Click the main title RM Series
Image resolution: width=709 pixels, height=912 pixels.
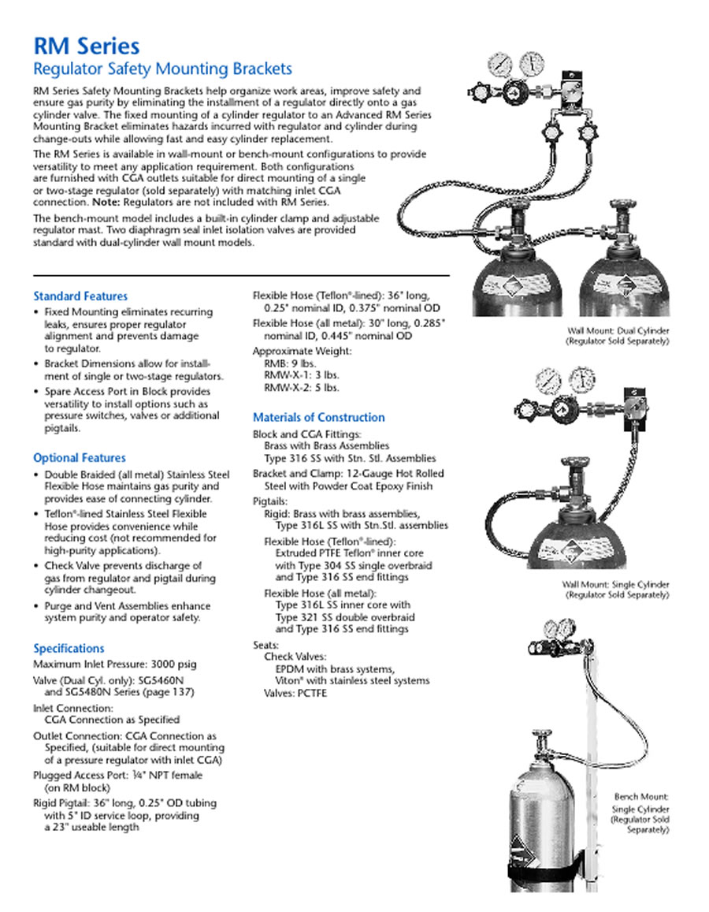pos(86,47)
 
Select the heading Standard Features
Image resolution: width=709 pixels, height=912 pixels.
pos(80,296)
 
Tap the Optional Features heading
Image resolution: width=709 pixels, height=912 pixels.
pos(80,458)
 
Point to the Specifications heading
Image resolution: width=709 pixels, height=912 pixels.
pos(69,649)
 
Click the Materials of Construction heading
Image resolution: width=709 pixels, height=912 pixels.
pos(319,418)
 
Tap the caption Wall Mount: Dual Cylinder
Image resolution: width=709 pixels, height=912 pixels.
pos(618,331)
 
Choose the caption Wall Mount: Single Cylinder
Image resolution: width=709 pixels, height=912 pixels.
pos(615,585)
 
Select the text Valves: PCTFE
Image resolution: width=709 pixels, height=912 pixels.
pos(295,694)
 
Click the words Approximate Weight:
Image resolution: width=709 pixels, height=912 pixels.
pos(303,352)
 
